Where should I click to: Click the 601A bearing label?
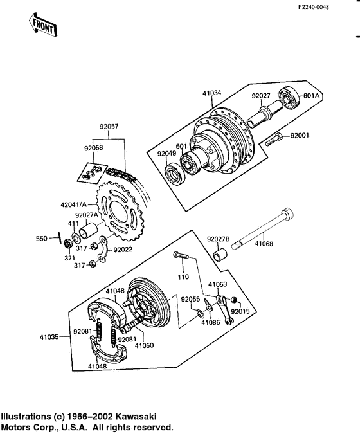312,96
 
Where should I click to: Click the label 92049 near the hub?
166,154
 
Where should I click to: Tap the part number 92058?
94,148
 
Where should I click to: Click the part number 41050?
144,345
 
